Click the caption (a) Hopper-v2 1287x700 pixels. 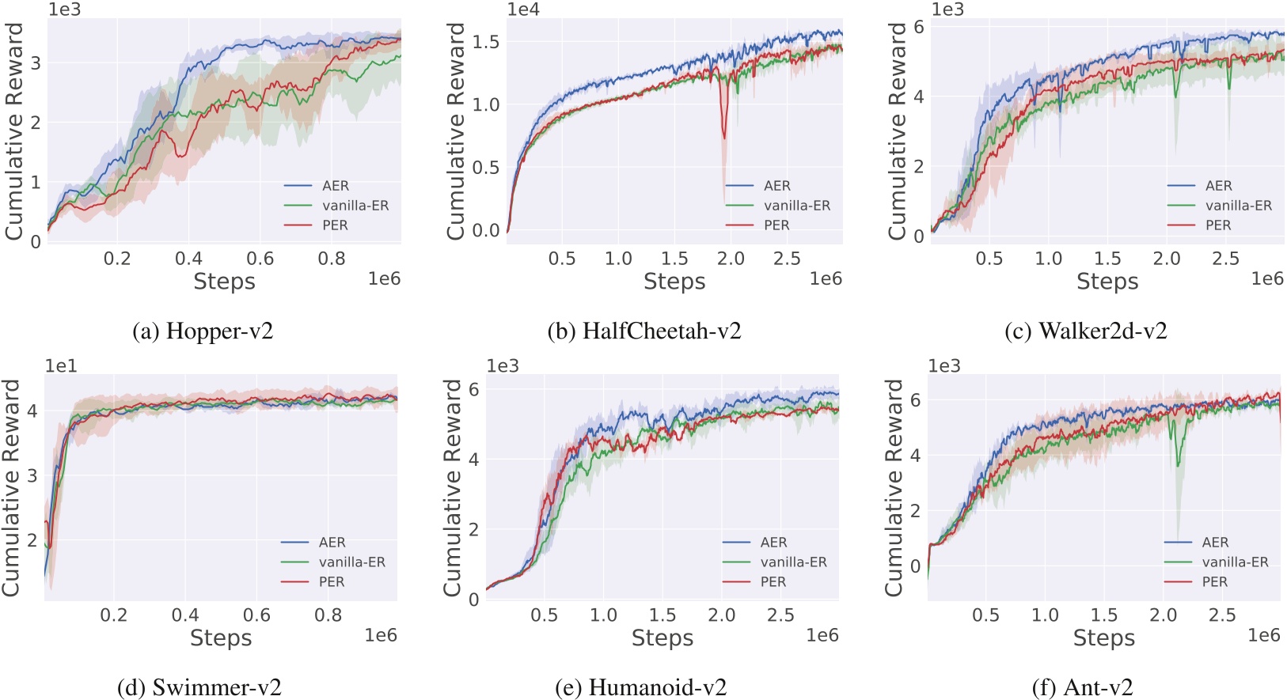(203, 331)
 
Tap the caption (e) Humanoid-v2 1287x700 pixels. (640, 687)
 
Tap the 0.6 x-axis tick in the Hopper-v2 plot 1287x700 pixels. (260, 259)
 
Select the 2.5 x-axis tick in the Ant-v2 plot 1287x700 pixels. (1222, 615)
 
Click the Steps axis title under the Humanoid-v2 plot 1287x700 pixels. (662, 638)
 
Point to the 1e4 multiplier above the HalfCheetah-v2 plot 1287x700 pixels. (523, 9)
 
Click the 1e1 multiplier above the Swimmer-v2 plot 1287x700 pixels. (61, 366)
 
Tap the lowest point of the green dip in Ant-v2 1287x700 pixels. (1179, 465)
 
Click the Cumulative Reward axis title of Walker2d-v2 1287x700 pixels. (896, 131)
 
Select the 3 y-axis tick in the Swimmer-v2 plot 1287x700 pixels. (32, 475)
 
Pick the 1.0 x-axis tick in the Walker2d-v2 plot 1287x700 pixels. (1048, 259)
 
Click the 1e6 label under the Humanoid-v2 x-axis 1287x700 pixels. (822, 635)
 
